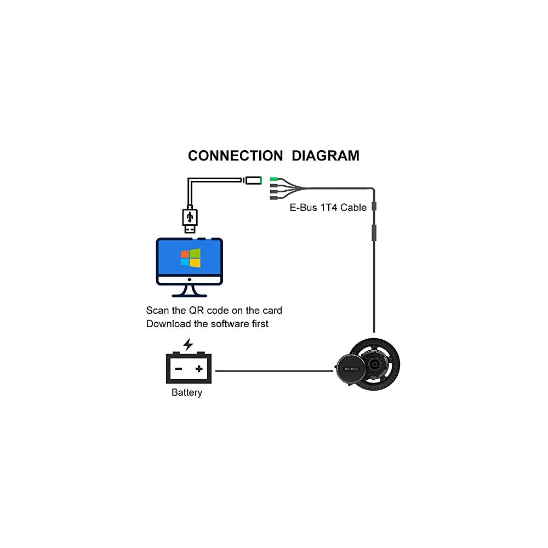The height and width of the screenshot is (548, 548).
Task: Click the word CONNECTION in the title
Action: coord(235,156)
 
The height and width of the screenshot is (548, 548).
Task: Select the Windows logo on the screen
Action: coord(191,258)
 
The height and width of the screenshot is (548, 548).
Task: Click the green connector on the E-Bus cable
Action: coord(274,179)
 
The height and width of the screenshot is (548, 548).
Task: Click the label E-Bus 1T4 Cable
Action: coord(328,208)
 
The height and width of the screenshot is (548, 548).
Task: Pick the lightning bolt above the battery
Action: coord(188,344)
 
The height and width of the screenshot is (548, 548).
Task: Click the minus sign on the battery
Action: coord(178,369)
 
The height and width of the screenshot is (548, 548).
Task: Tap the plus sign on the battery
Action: coord(199,369)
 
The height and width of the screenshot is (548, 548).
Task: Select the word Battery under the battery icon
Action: coord(187,392)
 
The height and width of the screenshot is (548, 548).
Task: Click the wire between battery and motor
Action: coord(274,371)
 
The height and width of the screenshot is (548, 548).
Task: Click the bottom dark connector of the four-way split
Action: coord(274,198)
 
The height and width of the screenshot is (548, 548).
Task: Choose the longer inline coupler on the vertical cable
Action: coord(374,232)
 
